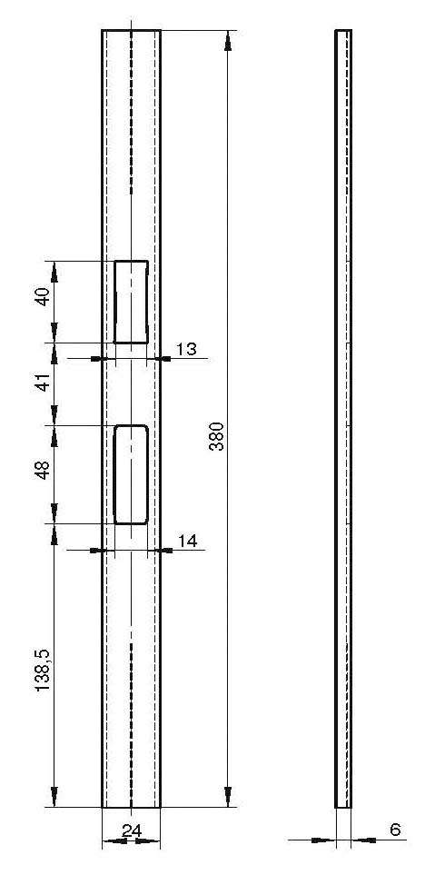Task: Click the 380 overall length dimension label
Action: [216, 436]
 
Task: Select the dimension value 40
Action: [44, 296]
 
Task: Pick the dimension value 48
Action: [44, 469]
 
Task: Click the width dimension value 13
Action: [186, 349]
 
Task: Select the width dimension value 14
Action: [187, 542]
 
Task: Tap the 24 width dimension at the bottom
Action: [131, 830]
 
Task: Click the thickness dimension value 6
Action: [395, 830]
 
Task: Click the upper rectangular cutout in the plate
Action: [115, 302]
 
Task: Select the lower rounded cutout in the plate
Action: [114, 474]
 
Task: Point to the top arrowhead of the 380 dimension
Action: [228, 41]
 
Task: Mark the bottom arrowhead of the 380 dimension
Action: [228, 796]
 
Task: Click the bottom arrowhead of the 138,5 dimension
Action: [54, 796]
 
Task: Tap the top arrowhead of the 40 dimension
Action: [54, 272]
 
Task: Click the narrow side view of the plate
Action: [343, 418]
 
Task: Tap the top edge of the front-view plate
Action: [131, 30]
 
